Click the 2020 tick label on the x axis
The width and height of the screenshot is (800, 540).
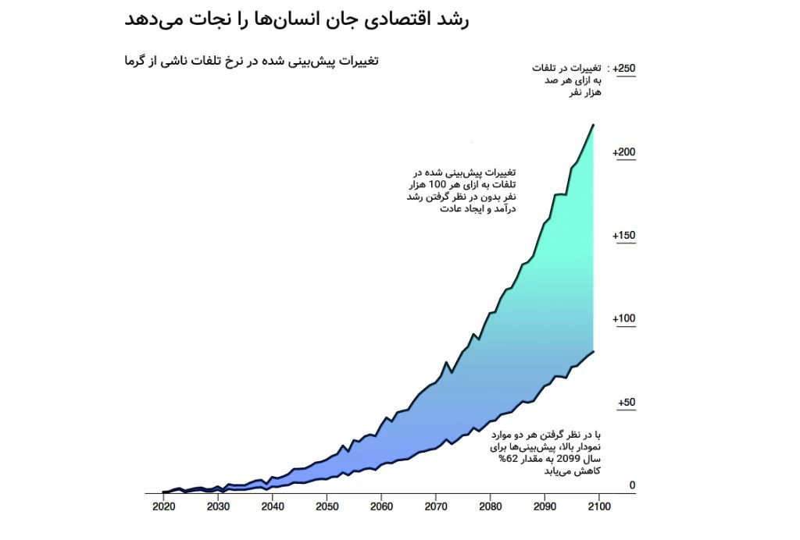click(163, 506)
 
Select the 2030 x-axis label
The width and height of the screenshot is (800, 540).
click(218, 506)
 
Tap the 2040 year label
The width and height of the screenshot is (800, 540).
click(273, 506)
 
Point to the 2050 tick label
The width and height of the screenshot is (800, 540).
click(327, 506)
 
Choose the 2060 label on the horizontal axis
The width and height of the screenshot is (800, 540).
click(381, 506)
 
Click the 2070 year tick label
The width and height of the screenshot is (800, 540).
click(436, 506)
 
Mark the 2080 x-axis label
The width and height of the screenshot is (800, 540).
click(491, 506)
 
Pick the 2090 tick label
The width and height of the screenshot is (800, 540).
click(545, 506)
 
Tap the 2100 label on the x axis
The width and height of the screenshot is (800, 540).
click(600, 506)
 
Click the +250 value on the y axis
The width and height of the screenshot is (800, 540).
click(624, 69)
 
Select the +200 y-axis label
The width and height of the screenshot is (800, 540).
click(624, 152)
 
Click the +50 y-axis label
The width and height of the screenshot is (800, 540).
click(626, 403)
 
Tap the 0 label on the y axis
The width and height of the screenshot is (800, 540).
click(632, 485)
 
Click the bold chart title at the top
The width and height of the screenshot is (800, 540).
click(297, 20)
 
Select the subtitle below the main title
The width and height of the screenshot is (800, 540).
click(251, 60)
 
